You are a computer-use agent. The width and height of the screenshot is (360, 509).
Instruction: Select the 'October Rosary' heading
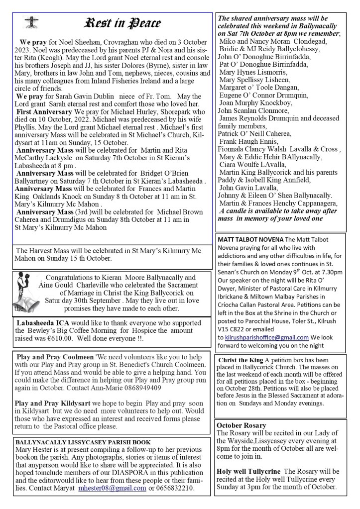pyautogui.click(x=241, y=425)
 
